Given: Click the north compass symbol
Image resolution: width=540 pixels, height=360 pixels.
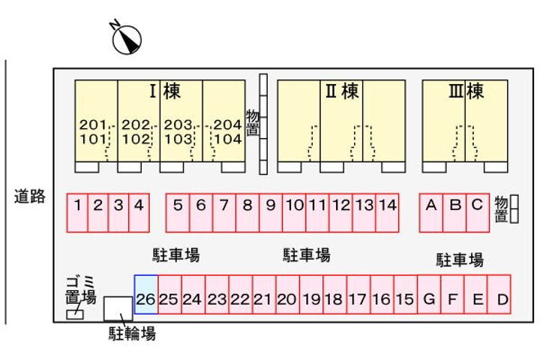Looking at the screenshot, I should (126, 39).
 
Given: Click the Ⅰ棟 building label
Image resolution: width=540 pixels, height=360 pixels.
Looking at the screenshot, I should (164, 91).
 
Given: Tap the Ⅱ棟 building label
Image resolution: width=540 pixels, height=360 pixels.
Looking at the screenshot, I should (342, 91).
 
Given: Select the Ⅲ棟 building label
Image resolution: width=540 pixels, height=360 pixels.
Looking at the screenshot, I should (466, 91).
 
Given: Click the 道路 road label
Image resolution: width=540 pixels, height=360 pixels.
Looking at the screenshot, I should (30, 197).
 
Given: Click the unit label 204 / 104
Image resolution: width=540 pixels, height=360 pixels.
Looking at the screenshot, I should (227, 131).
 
